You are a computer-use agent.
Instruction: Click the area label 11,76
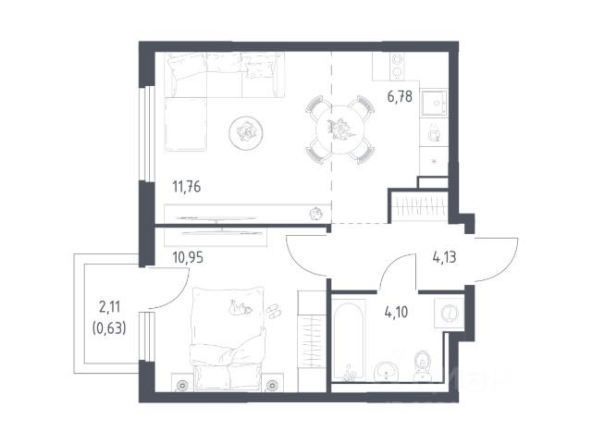187,187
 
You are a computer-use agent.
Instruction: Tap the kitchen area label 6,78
400,96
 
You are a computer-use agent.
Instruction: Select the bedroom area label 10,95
188,257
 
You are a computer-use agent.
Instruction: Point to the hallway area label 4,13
444,257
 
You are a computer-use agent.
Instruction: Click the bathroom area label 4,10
397,313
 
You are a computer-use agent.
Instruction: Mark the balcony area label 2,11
109,307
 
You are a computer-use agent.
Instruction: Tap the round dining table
340,129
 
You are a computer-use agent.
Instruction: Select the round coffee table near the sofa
246,133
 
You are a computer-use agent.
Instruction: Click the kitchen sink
434,103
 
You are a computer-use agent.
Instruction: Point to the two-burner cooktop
397,66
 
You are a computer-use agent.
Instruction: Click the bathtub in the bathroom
349,339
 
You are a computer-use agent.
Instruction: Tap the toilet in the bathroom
422,365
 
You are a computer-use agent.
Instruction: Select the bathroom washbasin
386,371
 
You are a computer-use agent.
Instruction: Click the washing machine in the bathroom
449,313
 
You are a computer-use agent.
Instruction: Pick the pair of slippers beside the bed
274,311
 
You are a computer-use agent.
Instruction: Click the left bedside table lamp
182,385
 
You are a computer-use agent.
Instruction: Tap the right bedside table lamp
272,385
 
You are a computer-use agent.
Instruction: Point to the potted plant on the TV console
315,214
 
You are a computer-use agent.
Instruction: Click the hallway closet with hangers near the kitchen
419,206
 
